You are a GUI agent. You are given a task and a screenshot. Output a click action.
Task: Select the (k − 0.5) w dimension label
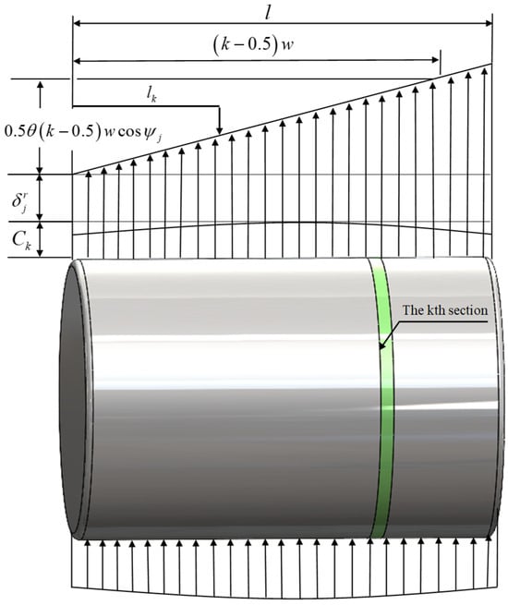click(254, 45)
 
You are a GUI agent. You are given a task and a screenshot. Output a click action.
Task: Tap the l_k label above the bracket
click(151, 95)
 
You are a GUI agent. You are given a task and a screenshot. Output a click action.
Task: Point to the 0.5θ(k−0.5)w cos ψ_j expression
click(82, 132)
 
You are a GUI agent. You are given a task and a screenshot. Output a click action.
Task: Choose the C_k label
click(21, 240)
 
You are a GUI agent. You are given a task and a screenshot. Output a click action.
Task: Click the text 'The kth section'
click(445, 310)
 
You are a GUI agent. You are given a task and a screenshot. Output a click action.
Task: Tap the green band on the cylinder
click(382, 397)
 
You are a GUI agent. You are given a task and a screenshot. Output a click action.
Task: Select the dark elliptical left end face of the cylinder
click(73, 397)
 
